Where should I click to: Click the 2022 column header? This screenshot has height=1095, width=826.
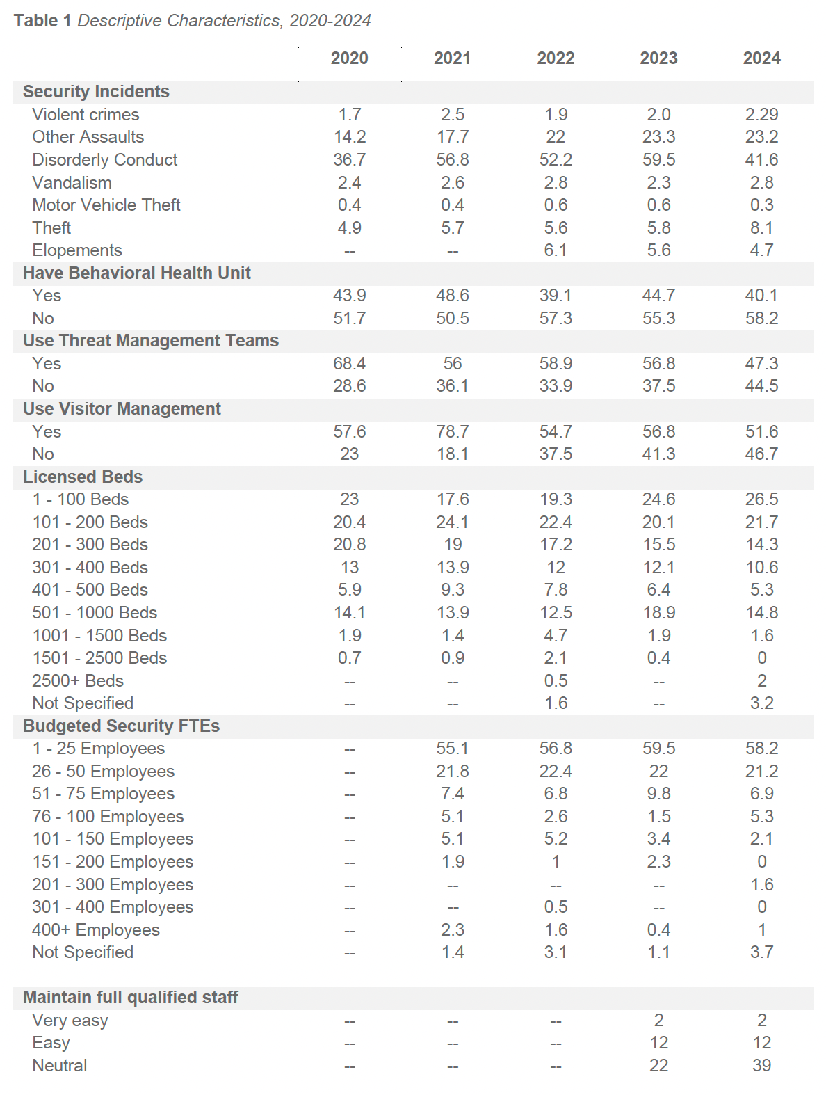pos(556,58)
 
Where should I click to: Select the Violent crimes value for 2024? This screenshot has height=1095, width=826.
pos(761,115)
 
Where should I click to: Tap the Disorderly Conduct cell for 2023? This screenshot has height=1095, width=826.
pos(658,160)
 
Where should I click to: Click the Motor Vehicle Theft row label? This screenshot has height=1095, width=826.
pos(106,205)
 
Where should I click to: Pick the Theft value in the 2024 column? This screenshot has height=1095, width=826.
pos(761,228)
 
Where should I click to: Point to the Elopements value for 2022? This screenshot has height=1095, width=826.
pos(556,250)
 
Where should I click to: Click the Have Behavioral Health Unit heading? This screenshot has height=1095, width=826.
pos(137,273)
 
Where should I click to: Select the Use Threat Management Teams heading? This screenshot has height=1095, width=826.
pos(151,341)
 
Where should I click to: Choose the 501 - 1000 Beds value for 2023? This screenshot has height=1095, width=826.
pos(658,613)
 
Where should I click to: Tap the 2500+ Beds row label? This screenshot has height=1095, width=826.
pos(78,681)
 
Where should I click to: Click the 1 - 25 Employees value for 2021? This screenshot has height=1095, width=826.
pos(453,749)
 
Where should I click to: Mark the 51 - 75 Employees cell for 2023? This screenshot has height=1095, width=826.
pos(658,794)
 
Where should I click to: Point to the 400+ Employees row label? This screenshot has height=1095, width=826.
pos(96,930)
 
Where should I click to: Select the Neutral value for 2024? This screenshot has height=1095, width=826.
pos(761,1066)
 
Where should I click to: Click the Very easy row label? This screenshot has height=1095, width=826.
pos(70,1021)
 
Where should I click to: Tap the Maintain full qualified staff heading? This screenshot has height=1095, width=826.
pos(131,998)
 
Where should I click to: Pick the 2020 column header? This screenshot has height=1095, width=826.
pos(349,58)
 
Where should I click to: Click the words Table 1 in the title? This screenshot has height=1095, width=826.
pos(42,21)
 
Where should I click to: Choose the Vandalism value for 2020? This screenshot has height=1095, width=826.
pos(349,183)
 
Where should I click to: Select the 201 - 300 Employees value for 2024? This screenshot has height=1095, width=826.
pos(761,885)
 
